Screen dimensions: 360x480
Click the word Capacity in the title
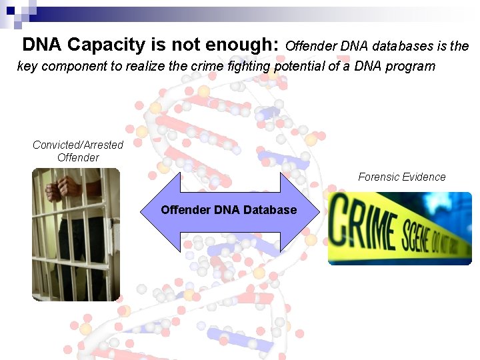pos(106,45)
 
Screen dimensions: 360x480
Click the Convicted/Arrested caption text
pos(78,145)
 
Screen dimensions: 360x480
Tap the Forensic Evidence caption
pos(401,177)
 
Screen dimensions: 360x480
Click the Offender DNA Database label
pos(229,210)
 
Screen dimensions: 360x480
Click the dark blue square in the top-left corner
pos(11,10)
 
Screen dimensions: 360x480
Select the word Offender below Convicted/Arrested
pos(78,158)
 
